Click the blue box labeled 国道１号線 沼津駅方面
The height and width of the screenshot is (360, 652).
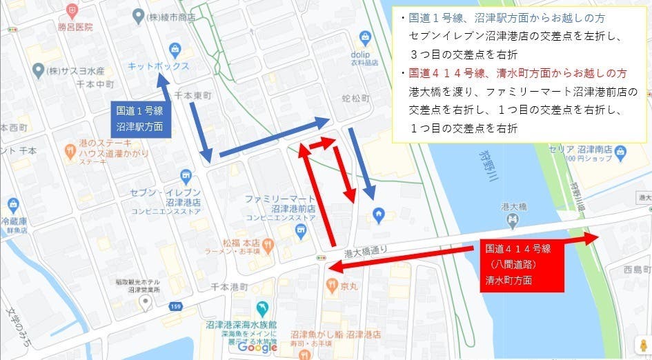coord(139,118)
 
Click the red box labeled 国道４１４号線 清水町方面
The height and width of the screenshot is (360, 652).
coord(518,264)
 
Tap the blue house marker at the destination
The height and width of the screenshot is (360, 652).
coord(378,215)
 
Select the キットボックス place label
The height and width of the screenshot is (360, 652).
coord(158,66)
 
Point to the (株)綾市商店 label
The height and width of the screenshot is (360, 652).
coord(172,15)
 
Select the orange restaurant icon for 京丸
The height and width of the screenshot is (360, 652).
coord(332,283)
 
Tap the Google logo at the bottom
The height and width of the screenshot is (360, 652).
coord(257,348)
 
